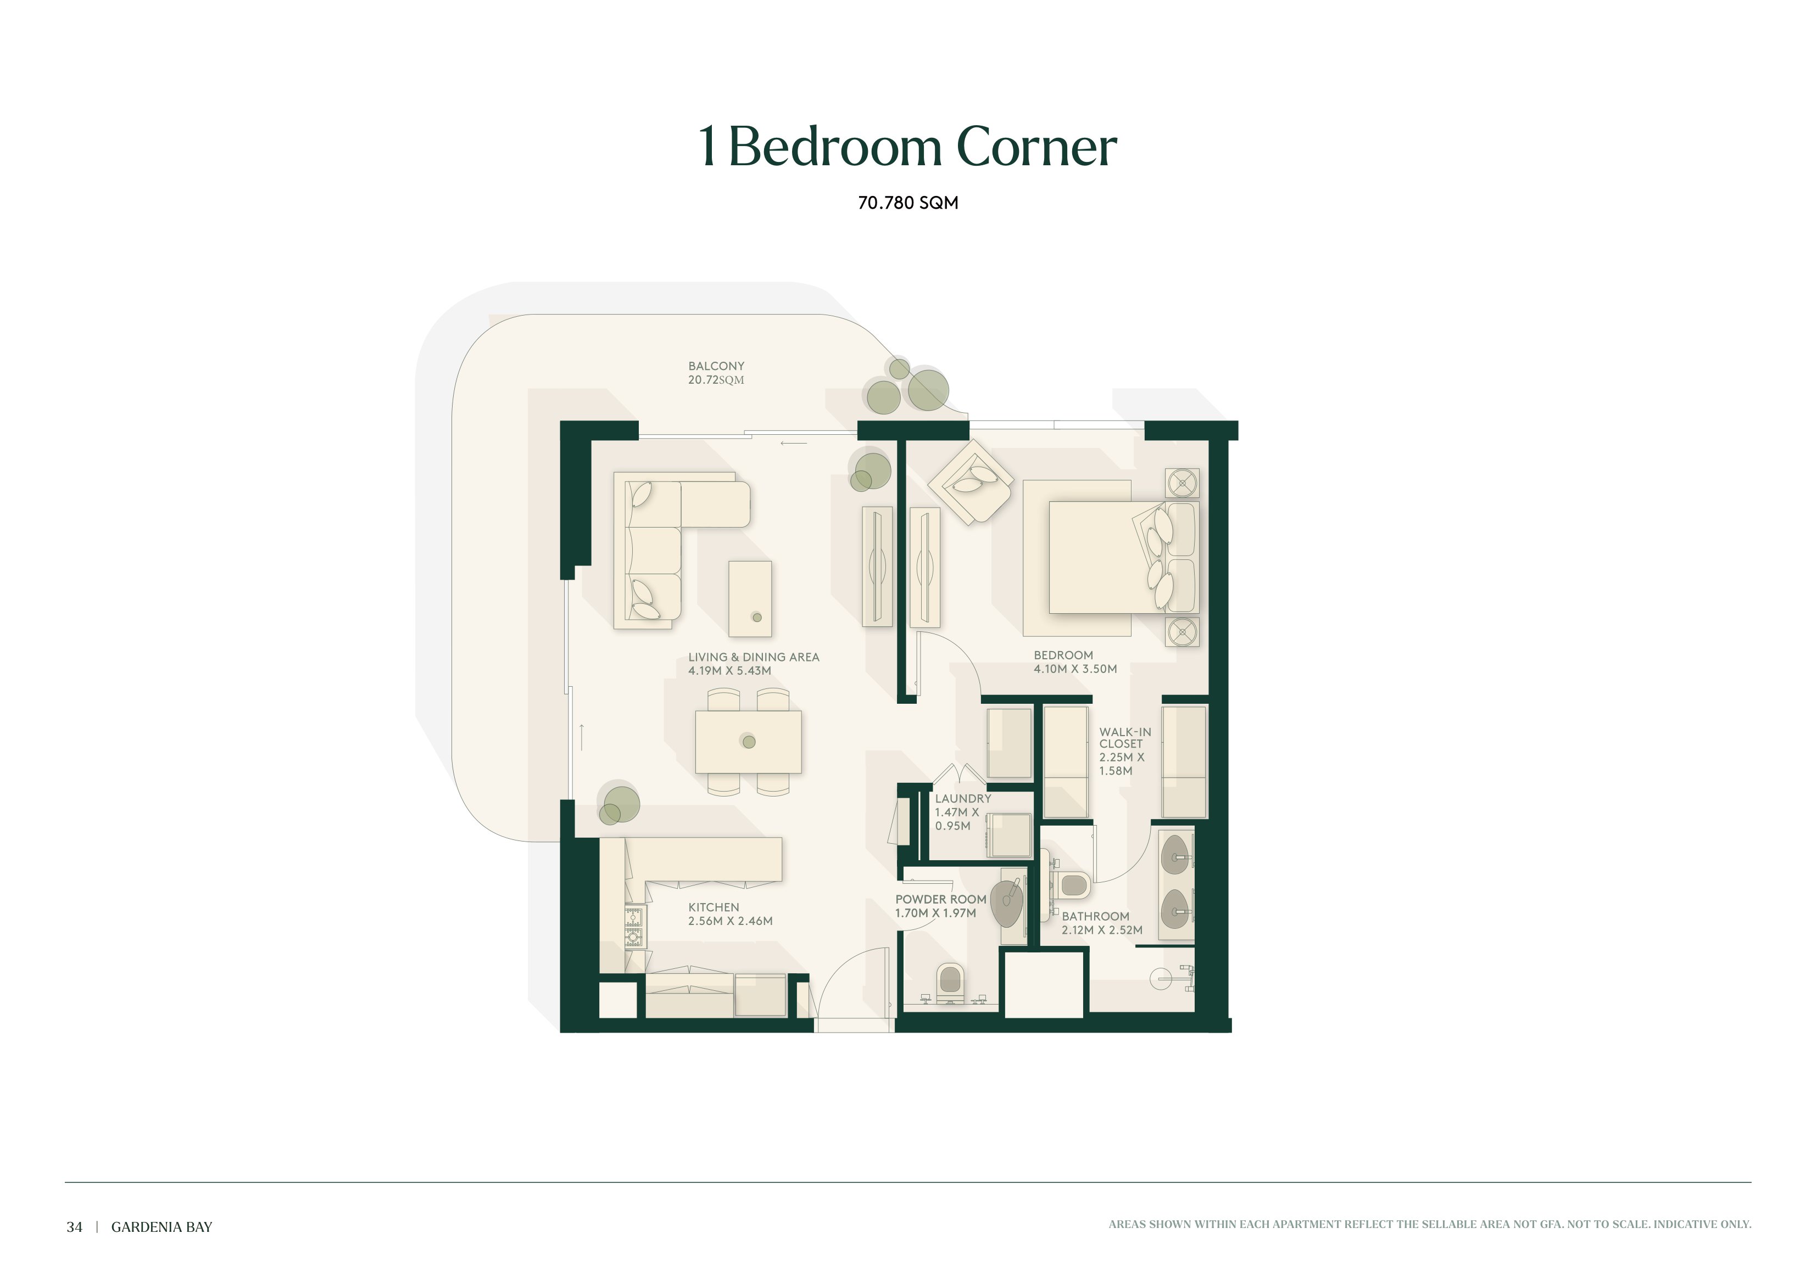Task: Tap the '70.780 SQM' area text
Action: click(908, 203)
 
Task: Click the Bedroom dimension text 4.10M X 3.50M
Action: click(1075, 669)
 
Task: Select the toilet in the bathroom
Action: click(1073, 884)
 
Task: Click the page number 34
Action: click(74, 1227)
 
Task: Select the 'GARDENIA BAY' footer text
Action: click(161, 1227)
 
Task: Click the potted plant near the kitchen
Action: click(617, 803)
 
